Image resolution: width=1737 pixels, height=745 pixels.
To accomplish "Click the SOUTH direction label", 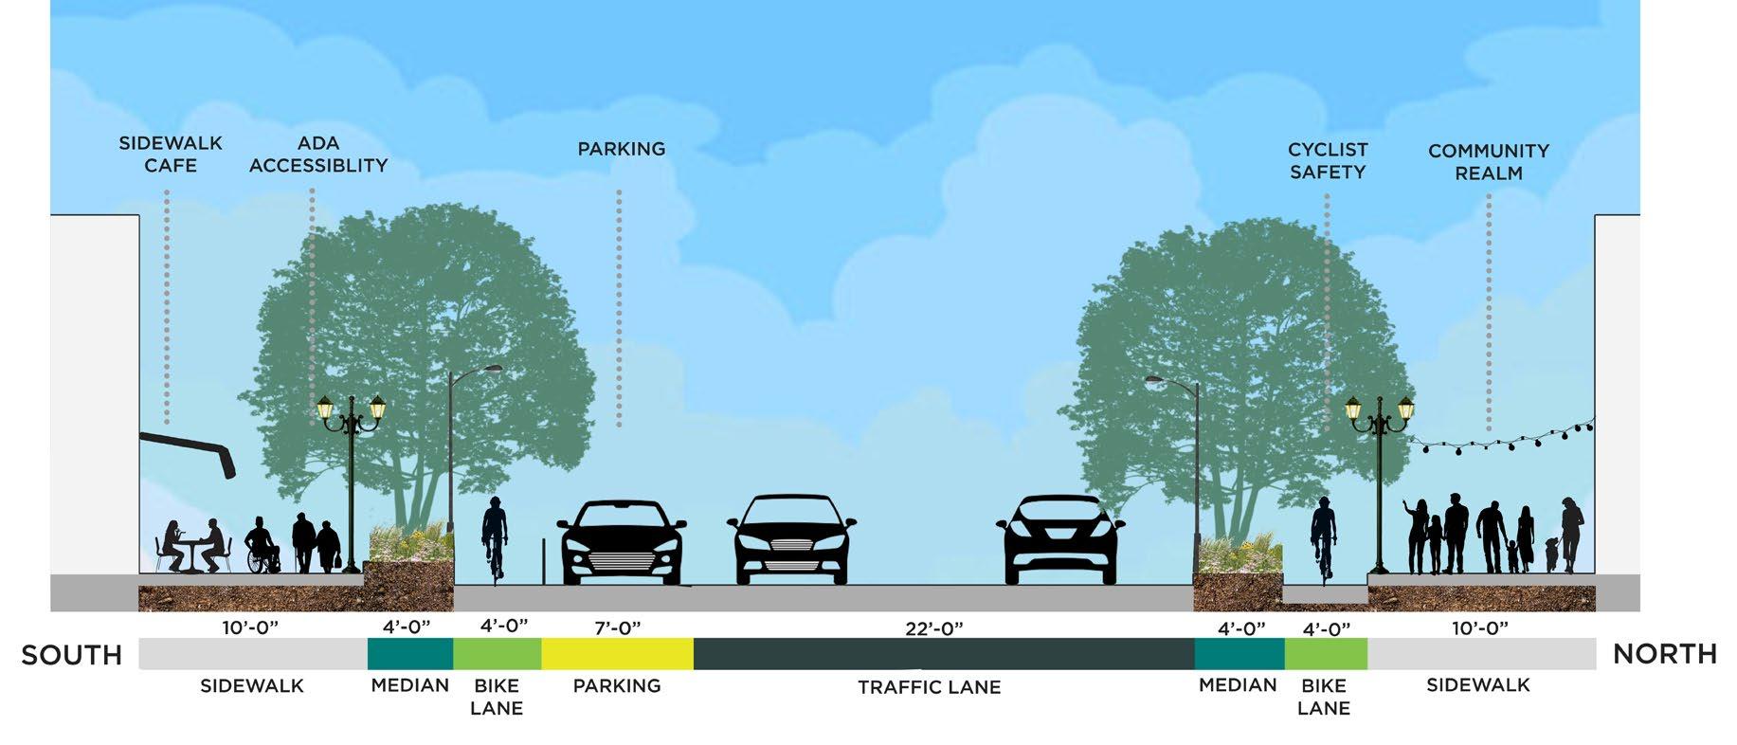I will click(72, 655).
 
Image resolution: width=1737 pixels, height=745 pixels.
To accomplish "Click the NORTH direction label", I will click(1664, 654).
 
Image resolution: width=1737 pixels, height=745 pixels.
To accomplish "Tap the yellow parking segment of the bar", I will click(617, 654).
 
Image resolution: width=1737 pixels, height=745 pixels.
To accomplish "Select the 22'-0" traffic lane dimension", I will click(933, 628).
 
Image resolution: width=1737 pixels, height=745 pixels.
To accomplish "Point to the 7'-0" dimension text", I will click(617, 627).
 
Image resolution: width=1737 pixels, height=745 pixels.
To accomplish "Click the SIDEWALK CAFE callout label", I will click(171, 154).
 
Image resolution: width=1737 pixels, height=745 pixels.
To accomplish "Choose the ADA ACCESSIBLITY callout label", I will click(318, 154).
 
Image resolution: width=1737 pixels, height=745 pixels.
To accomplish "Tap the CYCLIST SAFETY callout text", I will click(1328, 161).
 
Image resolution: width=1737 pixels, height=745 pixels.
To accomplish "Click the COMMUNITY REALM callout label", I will click(1488, 162).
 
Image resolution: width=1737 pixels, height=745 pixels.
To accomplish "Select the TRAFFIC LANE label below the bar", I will click(929, 687).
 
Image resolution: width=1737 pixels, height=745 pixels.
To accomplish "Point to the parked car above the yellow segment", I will click(622, 542).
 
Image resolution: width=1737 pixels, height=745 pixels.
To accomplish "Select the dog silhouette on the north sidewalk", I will click(1550, 553).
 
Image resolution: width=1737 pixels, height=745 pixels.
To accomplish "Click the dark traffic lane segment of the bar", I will click(943, 654).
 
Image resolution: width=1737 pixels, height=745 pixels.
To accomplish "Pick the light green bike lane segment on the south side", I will click(497, 654).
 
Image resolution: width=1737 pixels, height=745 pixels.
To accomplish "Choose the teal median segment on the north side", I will click(1239, 654).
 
